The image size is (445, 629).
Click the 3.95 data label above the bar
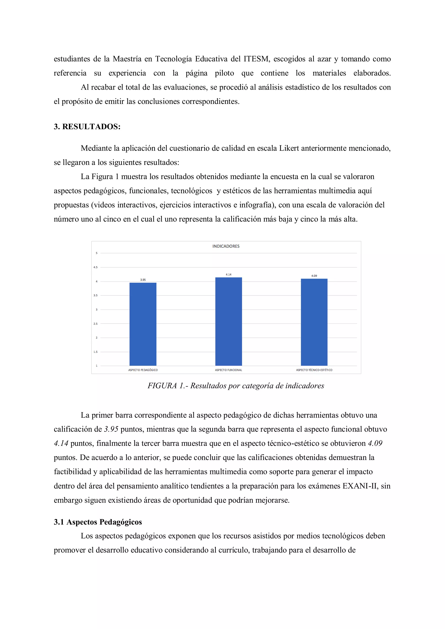click(x=143, y=280)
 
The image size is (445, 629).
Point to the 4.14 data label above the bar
click(x=229, y=274)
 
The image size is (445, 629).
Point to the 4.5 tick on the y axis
click(x=95, y=267)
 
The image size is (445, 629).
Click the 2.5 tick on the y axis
click(x=95, y=324)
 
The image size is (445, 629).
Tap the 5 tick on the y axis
click(x=96, y=253)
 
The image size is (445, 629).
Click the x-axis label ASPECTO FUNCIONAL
click(x=229, y=370)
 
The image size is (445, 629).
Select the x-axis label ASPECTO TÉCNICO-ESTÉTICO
click(x=314, y=370)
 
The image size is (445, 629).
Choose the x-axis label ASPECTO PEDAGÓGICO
click(x=143, y=370)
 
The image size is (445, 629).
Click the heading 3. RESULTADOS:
click(x=87, y=127)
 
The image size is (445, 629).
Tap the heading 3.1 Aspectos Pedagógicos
click(x=98, y=522)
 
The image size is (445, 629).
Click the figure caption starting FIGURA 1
click(x=236, y=386)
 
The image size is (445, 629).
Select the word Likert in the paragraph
click(x=289, y=148)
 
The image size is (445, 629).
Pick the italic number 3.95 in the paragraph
click(x=111, y=429)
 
